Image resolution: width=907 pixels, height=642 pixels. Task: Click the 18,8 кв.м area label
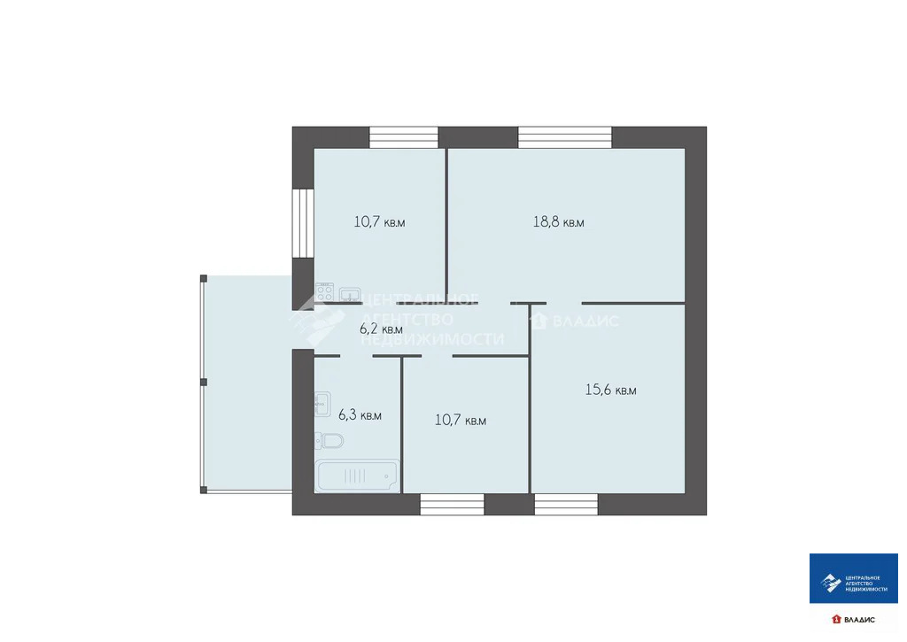pyautogui.click(x=558, y=222)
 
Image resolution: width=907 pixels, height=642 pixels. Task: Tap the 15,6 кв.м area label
pyautogui.click(x=610, y=390)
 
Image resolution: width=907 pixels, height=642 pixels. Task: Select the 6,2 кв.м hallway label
pyautogui.click(x=381, y=329)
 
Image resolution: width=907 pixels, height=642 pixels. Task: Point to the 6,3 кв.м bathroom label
pyautogui.click(x=360, y=414)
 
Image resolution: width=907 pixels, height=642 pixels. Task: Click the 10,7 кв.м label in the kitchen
pyautogui.click(x=379, y=222)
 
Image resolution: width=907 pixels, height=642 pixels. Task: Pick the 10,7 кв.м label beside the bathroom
pyautogui.click(x=461, y=420)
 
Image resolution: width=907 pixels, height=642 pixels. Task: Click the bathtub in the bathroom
pyautogui.click(x=358, y=476)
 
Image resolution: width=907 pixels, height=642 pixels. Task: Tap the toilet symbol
pyautogui.click(x=329, y=441)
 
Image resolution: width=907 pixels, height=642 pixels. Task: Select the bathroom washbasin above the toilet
pyautogui.click(x=322, y=404)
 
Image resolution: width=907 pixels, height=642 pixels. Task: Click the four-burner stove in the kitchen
pyautogui.click(x=324, y=292)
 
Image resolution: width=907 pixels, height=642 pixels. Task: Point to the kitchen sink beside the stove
pyautogui.click(x=350, y=294)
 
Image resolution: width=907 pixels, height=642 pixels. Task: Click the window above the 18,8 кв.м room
pyautogui.click(x=564, y=137)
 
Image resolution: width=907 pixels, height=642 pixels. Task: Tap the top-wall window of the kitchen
pyautogui.click(x=404, y=137)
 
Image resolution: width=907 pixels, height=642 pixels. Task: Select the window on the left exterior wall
pyautogui.click(x=303, y=222)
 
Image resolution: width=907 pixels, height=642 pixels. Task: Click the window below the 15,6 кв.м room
pyautogui.click(x=566, y=505)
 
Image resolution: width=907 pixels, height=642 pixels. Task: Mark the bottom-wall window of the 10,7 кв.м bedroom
pyautogui.click(x=452, y=505)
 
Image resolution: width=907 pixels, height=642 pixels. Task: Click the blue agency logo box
pyautogui.click(x=853, y=578)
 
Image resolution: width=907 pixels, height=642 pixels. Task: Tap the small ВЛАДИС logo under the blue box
pyautogui.click(x=853, y=620)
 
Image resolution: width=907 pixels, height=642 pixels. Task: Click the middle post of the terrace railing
pyautogui.click(x=204, y=383)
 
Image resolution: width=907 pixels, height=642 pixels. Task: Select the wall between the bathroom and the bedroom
pyautogui.click(x=402, y=424)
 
